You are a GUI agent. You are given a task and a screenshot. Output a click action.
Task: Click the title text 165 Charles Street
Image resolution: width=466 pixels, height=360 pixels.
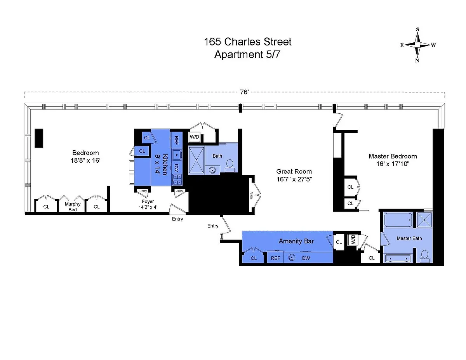click(247, 42)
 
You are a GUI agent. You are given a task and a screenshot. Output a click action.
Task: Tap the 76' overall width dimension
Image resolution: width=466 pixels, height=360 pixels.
click(244, 92)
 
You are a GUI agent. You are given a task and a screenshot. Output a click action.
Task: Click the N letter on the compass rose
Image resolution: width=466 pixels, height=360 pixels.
click(417, 61)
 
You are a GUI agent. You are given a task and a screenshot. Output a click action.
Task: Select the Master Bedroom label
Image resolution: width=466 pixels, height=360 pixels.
click(393, 156)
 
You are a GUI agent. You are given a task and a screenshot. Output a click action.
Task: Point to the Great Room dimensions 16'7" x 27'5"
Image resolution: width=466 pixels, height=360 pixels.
click(294, 179)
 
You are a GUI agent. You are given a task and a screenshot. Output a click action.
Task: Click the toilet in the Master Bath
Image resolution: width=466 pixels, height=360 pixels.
click(424, 256)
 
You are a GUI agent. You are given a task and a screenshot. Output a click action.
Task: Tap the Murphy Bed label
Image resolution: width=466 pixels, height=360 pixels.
click(73, 207)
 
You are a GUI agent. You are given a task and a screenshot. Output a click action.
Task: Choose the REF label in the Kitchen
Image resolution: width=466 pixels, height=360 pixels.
click(176, 140)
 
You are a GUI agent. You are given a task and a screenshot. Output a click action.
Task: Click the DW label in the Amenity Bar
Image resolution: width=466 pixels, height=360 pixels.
click(306, 258)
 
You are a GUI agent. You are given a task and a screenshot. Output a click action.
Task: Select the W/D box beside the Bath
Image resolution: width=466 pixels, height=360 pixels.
click(195, 137)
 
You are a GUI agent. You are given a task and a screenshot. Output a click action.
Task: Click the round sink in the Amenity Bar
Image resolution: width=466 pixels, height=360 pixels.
click(292, 257)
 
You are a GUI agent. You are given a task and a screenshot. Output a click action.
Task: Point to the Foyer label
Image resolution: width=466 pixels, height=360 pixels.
click(148, 201)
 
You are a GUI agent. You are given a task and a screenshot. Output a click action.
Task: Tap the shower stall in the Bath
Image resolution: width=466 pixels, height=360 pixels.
click(196, 160)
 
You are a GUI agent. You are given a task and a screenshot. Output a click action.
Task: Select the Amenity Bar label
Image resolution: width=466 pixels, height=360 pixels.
click(296, 241)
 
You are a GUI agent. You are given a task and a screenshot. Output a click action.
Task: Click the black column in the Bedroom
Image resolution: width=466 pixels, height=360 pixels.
click(39, 138)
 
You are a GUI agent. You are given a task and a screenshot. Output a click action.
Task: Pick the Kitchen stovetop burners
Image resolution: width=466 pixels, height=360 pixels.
click(177, 179)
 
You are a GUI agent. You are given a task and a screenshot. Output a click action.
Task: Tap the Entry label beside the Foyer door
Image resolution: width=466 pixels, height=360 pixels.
click(177, 219)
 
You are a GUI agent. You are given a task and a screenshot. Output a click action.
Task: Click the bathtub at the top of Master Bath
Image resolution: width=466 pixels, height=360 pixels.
click(398, 219)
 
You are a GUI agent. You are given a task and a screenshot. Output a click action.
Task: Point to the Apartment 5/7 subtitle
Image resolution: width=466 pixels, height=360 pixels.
click(247, 54)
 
